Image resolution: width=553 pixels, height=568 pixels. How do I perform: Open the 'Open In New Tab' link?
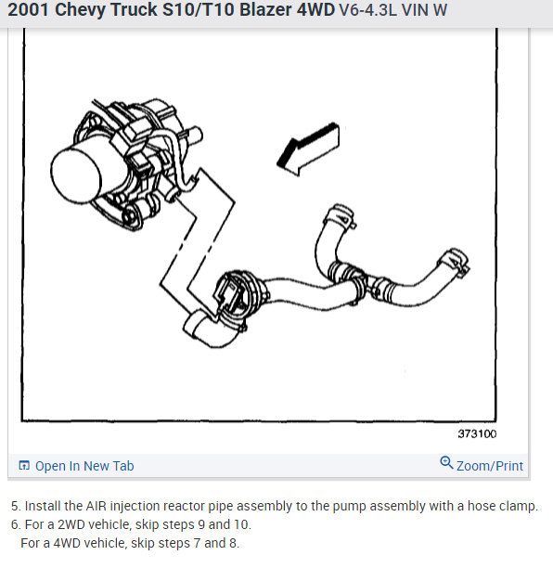tap(84, 466)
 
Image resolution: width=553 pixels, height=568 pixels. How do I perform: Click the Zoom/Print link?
tap(489, 466)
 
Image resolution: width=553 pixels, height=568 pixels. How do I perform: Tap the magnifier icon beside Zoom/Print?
tap(446, 464)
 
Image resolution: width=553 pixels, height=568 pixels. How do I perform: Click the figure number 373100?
tap(477, 434)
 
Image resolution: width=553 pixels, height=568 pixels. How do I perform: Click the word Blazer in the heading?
tap(263, 13)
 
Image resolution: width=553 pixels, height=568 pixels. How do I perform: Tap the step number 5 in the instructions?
tap(15, 507)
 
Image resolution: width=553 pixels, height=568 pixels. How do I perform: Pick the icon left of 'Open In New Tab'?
tap(24, 466)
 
